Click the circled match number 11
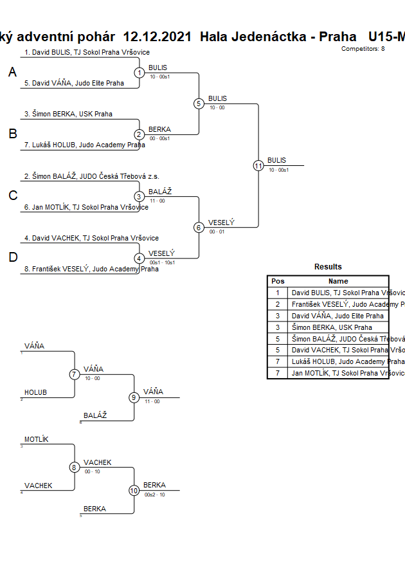click(258, 165)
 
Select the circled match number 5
click(199, 104)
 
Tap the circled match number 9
click(134, 397)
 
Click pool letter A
click(12, 73)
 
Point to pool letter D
click(12, 258)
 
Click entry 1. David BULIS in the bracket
click(87, 52)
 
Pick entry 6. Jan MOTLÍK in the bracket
click(86, 207)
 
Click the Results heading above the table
click(328, 267)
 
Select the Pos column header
click(278, 281)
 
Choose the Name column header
click(338, 281)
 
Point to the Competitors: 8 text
click(363, 49)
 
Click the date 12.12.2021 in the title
click(157, 37)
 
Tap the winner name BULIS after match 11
click(276, 160)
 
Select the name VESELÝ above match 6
click(221, 223)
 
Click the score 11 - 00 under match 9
click(152, 401)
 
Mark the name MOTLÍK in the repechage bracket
click(37, 440)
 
